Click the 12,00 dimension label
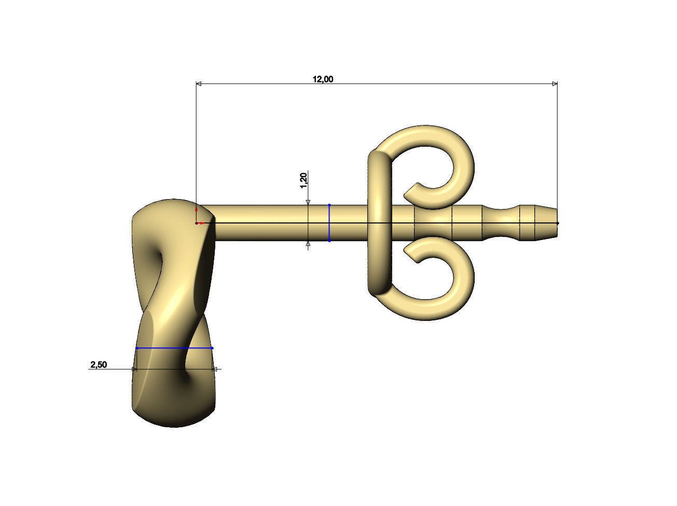(x=323, y=79)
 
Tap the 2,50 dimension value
(x=99, y=365)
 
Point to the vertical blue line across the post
(x=329, y=223)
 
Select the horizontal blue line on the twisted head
(x=174, y=348)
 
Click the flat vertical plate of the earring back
(x=379, y=223)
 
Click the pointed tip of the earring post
(x=556, y=223)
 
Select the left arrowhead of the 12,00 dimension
(x=198, y=83)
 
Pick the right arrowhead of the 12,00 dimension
(x=555, y=83)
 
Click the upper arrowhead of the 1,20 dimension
(x=308, y=202)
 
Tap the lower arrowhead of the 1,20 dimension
(x=308, y=244)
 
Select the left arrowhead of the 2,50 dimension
(x=135, y=369)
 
